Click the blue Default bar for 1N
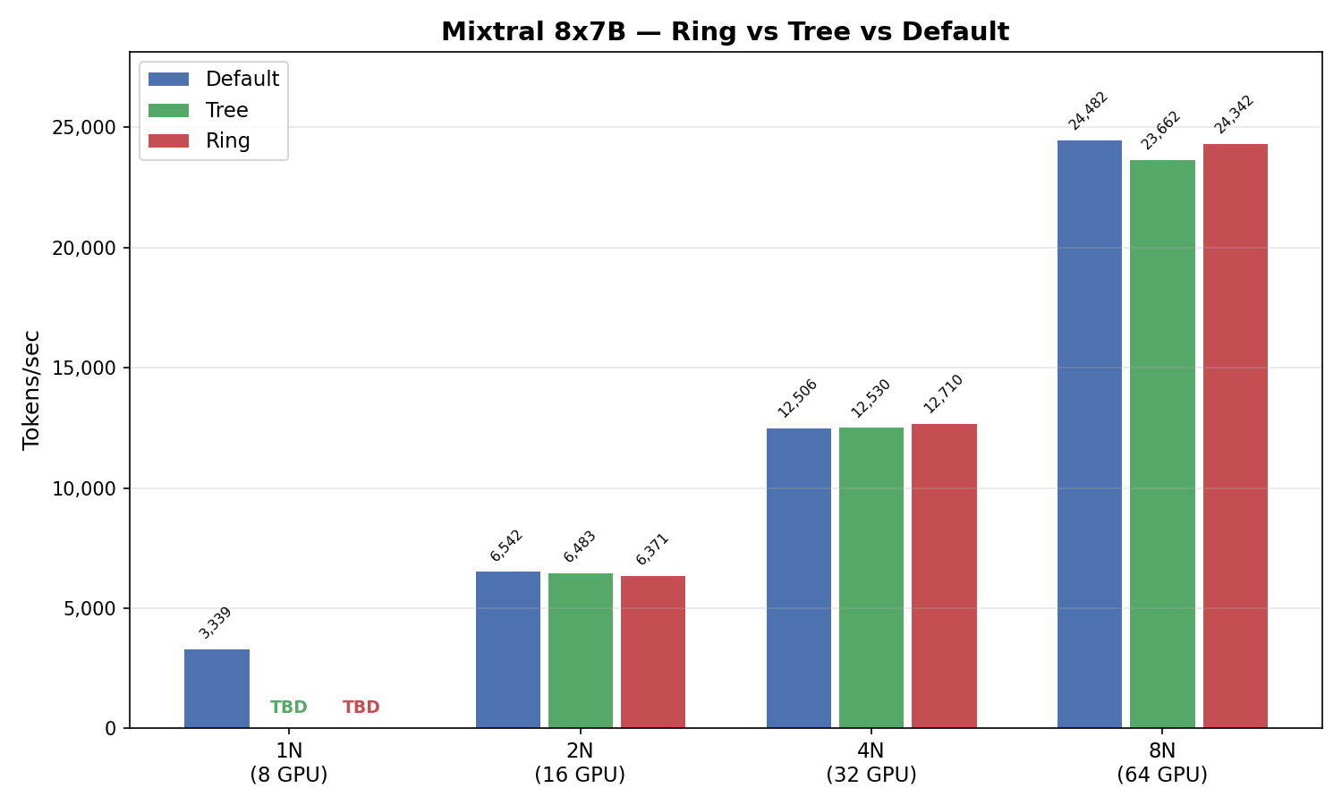click(x=217, y=689)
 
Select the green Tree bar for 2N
click(x=581, y=650)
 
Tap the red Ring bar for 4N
click(x=944, y=576)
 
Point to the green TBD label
click(x=289, y=708)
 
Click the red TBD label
click(x=361, y=708)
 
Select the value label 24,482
click(x=1089, y=111)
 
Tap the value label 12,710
click(x=944, y=394)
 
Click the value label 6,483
click(x=580, y=547)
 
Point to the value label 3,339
click(x=216, y=623)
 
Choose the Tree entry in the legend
click(x=226, y=110)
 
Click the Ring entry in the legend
click(x=227, y=140)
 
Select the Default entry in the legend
click(x=242, y=79)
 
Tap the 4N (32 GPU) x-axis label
click(x=871, y=762)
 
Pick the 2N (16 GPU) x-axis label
click(x=580, y=762)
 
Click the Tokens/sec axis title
click(x=32, y=389)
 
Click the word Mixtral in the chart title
click(x=488, y=32)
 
